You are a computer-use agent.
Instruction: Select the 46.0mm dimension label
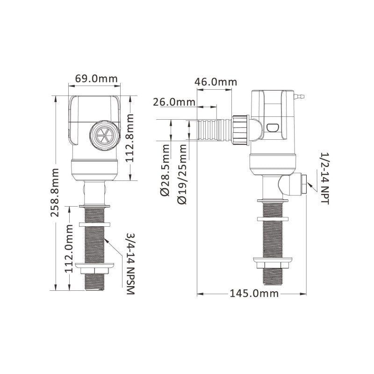216,81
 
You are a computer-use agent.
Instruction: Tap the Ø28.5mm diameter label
165,171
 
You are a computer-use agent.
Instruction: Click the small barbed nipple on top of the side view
299,97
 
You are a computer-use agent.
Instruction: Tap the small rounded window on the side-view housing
272,127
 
